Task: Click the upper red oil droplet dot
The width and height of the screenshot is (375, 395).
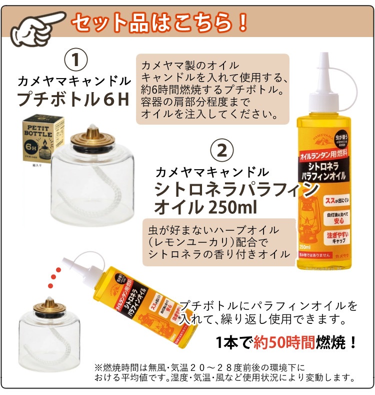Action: [x=58, y=270]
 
